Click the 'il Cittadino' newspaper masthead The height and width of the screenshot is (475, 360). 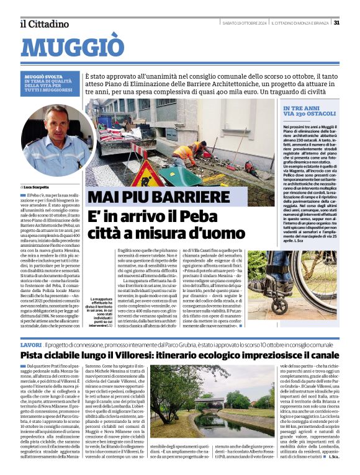tap(44, 24)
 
